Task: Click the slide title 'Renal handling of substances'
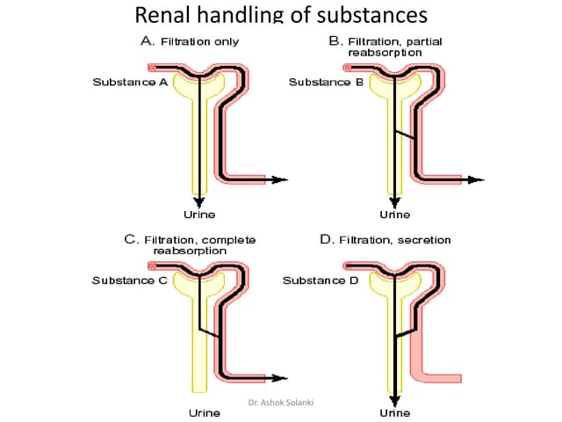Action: pyautogui.click(x=282, y=15)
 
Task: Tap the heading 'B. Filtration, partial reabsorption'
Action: pyautogui.click(x=386, y=47)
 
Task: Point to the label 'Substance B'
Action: pyautogui.click(x=326, y=83)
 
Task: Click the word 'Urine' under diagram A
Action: pyautogui.click(x=198, y=214)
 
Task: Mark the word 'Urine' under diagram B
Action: pyautogui.click(x=394, y=214)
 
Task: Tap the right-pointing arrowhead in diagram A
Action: pyautogui.click(x=281, y=179)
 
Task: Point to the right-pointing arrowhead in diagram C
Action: pyautogui.click(x=281, y=378)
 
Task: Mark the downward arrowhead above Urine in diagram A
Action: pyautogui.click(x=199, y=201)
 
